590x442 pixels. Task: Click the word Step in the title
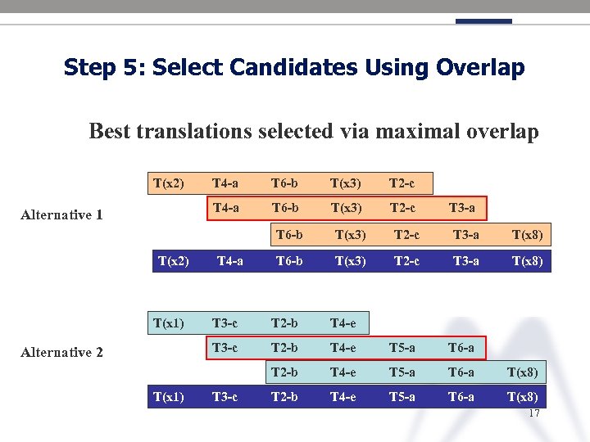89,67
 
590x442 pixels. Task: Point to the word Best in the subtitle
108,131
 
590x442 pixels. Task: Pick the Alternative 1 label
62,214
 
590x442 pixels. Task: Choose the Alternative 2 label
62,352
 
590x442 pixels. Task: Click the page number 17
534,413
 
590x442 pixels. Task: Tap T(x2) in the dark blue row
173,261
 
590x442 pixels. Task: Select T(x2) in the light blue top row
168,183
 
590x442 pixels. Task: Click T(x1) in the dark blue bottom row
168,397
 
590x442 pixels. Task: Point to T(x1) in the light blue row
168,322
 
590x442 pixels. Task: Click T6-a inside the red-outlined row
461,347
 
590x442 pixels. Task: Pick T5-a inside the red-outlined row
402,347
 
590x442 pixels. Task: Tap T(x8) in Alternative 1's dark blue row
527,261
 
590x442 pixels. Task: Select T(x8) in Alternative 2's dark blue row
523,397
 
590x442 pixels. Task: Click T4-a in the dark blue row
229,261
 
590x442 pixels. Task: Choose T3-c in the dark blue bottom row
225,397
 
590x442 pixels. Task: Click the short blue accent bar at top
483,21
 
